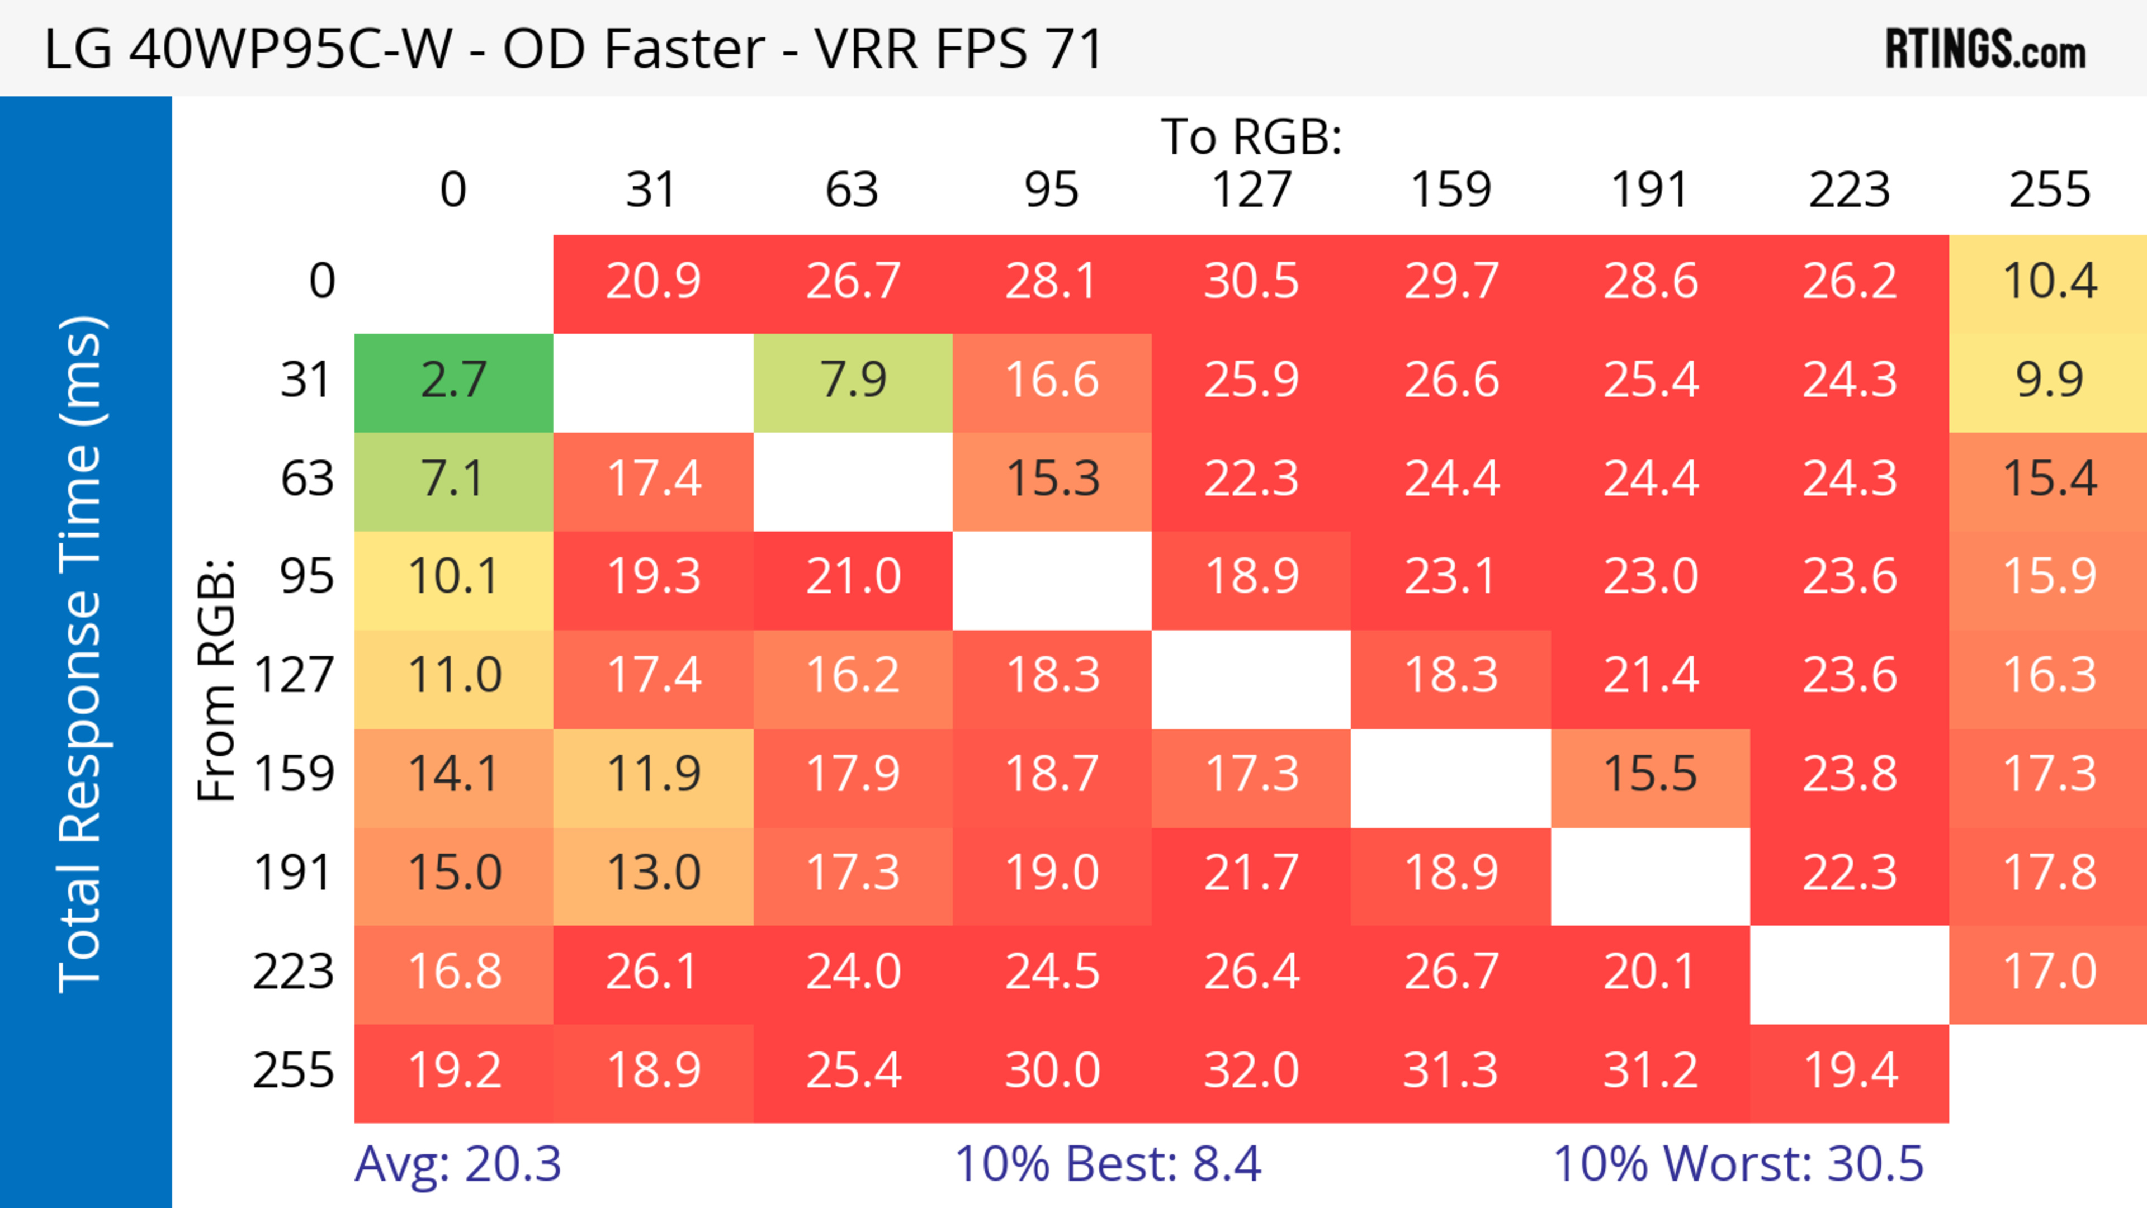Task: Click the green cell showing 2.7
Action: coord(453,381)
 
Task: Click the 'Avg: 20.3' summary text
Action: coord(457,1164)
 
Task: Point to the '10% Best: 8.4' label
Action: coord(1108,1164)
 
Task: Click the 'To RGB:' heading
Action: coord(1251,136)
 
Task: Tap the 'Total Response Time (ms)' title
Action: coord(82,654)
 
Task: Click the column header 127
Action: coord(1251,190)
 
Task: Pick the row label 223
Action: coord(294,972)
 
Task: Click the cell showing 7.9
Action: coord(853,381)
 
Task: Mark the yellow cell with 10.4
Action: coord(2049,282)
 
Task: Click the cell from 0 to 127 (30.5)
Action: coord(1251,282)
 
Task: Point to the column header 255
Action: coord(2049,190)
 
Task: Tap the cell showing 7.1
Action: coord(453,479)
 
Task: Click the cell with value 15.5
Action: coord(1651,775)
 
